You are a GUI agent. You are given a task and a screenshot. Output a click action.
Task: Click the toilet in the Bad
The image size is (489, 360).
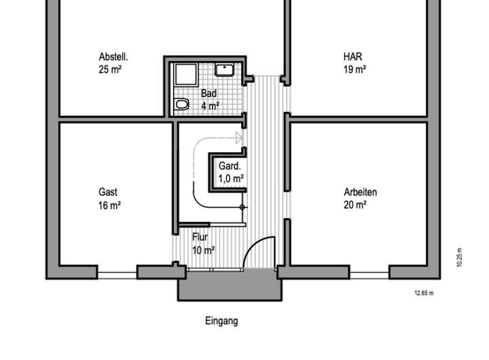point(181,105)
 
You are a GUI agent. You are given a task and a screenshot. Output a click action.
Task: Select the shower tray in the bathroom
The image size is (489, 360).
point(183,74)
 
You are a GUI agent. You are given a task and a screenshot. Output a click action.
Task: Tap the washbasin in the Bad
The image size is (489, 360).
point(225,69)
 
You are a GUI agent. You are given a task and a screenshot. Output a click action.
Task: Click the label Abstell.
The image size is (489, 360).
point(113,56)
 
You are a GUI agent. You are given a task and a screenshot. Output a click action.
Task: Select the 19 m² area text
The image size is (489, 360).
point(355,69)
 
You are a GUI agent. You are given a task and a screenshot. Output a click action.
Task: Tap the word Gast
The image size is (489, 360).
point(108,192)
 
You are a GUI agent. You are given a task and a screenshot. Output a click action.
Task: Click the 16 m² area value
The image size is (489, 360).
point(109,204)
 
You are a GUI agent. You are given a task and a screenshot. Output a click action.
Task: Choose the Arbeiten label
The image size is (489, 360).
point(360,192)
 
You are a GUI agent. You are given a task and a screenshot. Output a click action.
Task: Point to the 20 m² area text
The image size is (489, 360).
point(355,204)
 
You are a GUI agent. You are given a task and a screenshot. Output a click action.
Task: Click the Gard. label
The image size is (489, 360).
point(230,166)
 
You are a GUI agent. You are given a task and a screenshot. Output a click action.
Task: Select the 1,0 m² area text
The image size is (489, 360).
point(231,178)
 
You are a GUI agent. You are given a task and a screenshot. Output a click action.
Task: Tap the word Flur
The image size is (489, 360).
point(200,238)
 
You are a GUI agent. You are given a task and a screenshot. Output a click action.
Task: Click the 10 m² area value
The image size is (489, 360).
point(203,250)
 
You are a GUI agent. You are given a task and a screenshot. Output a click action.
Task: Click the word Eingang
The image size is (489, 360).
point(221,321)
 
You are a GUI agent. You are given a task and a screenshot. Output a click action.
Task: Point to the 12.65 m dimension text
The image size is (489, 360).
point(424,293)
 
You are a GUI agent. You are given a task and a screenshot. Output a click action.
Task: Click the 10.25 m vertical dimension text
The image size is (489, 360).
point(459,258)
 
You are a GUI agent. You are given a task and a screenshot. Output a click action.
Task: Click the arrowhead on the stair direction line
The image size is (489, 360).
point(238,139)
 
